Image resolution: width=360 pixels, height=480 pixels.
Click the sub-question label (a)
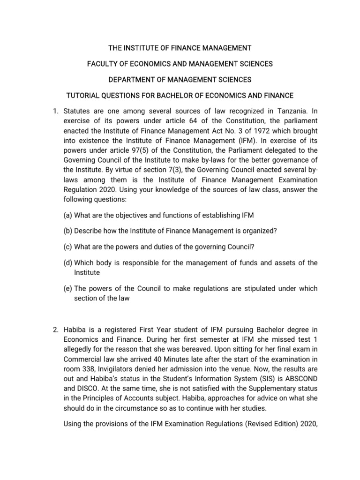(x=67, y=215)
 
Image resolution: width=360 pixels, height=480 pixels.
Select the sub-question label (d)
(x=67, y=263)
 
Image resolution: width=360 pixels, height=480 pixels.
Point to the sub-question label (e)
(x=67, y=288)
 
